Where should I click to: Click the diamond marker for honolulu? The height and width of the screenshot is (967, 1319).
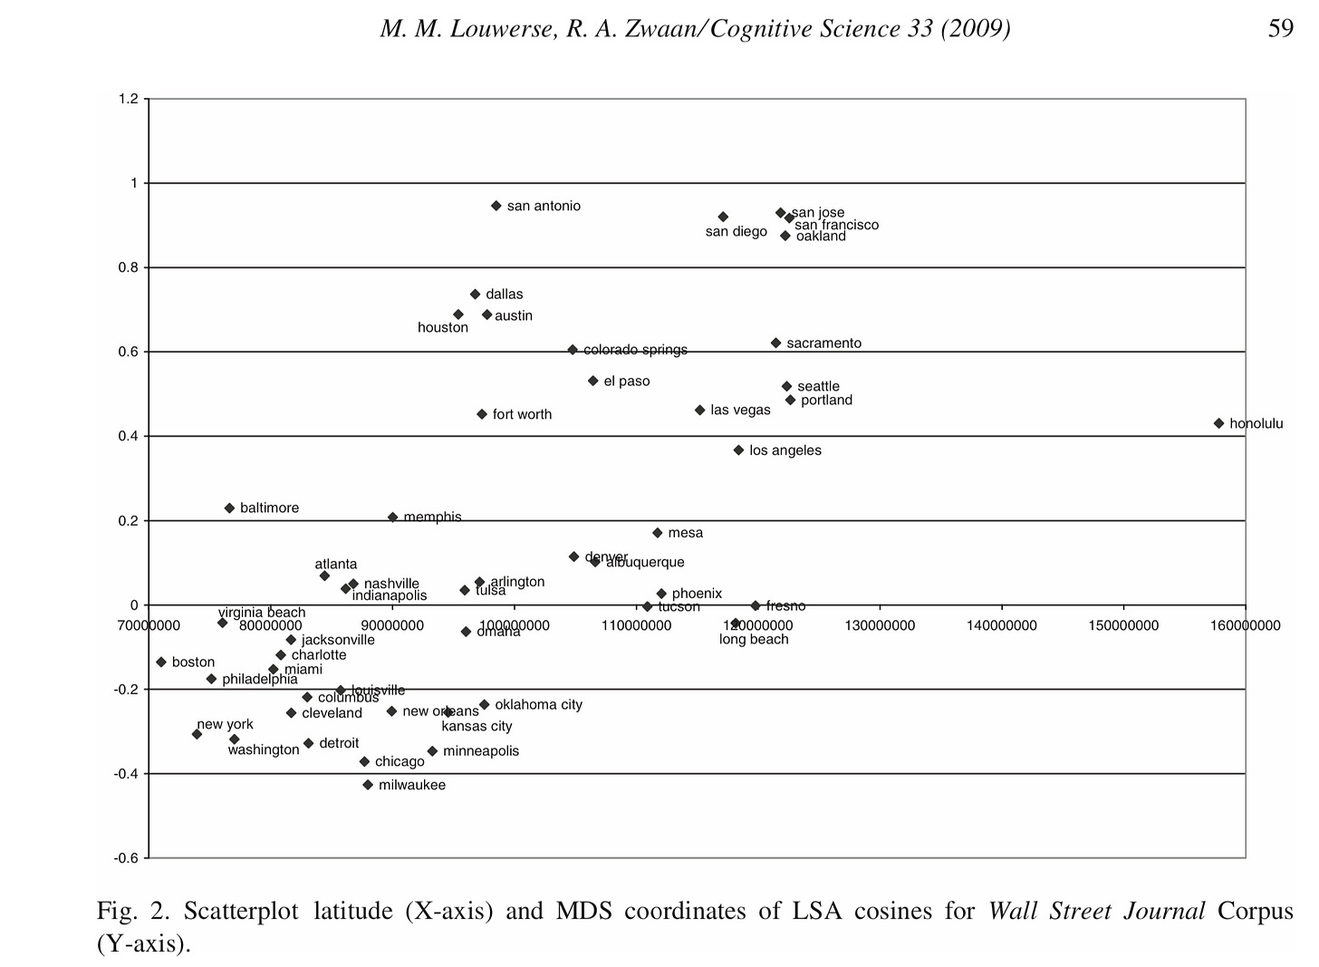click(x=1218, y=423)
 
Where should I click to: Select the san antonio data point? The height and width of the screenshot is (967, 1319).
click(x=496, y=206)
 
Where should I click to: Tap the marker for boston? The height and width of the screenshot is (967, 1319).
click(x=161, y=662)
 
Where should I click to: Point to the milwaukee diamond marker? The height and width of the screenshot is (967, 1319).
click(x=368, y=785)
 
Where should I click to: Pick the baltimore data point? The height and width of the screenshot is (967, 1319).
click(x=229, y=508)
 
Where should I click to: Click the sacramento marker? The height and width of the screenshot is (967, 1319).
click(x=775, y=343)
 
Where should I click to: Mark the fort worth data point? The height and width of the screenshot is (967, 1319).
click(x=482, y=414)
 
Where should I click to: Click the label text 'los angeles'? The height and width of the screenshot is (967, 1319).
click(x=785, y=450)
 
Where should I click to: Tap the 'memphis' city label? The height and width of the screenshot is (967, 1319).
click(x=432, y=517)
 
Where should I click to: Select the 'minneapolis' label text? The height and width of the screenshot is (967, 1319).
click(x=481, y=751)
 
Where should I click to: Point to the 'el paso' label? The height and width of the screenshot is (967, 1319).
click(x=627, y=382)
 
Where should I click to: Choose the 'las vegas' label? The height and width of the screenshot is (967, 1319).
click(x=740, y=411)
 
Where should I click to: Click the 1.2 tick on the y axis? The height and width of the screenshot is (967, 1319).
click(x=128, y=99)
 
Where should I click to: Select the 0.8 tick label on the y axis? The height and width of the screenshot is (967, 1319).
click(x=128, y=267)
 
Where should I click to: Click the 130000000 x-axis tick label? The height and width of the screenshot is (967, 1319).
click(x=879, y=625)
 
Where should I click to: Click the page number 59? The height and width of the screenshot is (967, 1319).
click(x=1281, y=29)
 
